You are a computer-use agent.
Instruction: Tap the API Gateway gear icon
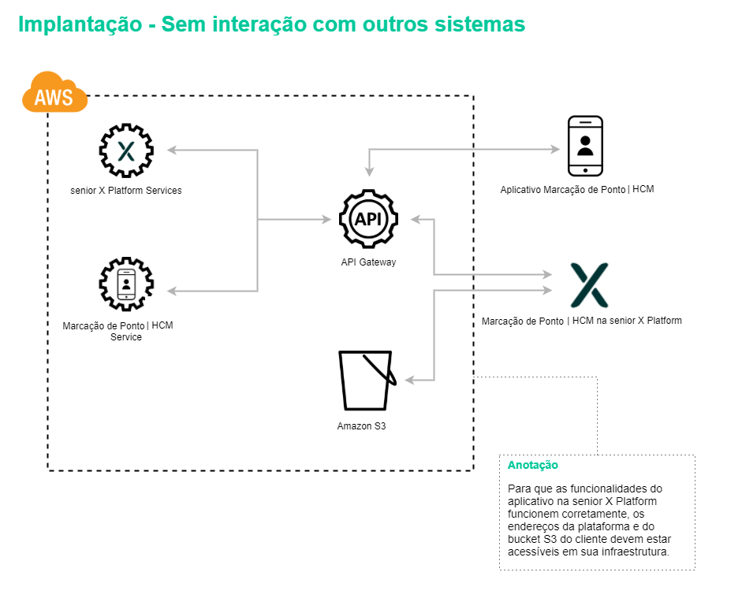368,219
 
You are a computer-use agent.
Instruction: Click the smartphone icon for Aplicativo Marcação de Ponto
585,146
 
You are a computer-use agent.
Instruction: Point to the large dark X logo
590,285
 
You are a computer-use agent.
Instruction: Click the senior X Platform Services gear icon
126,150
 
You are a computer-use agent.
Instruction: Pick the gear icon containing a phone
126,284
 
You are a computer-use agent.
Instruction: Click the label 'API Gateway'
368,262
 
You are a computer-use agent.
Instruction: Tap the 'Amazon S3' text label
361,426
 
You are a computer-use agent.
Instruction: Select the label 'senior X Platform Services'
126,191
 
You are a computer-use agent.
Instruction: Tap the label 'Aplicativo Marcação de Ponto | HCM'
577,190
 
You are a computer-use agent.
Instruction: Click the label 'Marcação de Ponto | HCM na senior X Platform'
582,321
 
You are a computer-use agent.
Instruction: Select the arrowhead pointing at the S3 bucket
410,381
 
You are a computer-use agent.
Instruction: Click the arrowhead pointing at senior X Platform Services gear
172,150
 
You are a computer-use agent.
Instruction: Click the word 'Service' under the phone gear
126,337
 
